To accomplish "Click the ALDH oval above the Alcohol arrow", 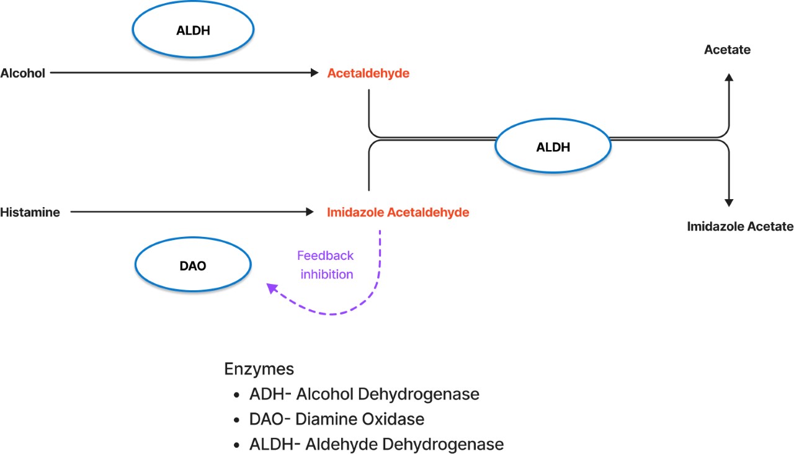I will [194, 30].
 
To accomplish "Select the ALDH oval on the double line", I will [553, 147].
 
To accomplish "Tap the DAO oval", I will [193, 266].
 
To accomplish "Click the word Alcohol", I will [23, 73].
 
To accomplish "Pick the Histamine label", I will [30, 213].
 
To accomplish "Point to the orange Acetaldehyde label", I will [368, 73].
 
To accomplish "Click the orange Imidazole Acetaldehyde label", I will [398, 213].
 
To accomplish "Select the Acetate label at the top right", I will [727, 50].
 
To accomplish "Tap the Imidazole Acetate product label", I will [740, 226].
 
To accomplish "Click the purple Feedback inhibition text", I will [326, 265].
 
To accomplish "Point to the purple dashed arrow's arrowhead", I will [271, 288].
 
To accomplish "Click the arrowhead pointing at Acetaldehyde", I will [314, 73].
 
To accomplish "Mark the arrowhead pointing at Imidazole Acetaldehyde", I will [310, 212].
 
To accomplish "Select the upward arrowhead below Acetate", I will [729, 77].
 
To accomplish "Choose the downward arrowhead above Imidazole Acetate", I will [729, 202].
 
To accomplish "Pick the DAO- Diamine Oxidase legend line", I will [336, 419].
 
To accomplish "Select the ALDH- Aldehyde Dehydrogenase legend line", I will [377, 444].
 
